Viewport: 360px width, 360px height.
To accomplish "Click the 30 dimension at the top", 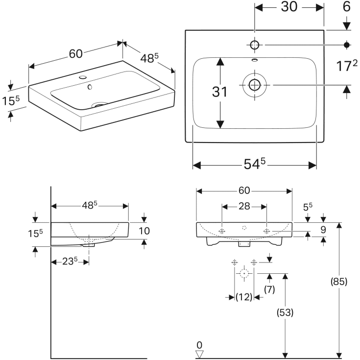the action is [289, 7].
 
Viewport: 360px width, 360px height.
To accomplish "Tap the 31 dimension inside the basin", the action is [220, 92].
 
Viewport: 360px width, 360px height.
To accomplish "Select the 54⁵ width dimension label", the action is [254, 164].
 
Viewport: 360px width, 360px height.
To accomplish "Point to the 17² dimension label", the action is [347, 66].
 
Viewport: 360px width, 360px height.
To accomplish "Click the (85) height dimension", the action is [339, 281].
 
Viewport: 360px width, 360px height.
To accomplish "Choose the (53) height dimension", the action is [285, 312].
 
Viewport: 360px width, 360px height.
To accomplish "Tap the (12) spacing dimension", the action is [244, 297].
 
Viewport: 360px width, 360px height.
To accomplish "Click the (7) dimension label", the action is [269, 289].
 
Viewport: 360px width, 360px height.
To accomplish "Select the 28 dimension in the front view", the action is [244, 206].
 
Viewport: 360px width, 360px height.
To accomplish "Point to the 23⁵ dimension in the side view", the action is [70, 261].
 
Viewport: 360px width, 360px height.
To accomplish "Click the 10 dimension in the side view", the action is [144, 231].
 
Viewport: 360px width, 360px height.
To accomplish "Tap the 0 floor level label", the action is [199, 345].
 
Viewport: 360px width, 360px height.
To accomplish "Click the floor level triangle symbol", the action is [199, 354].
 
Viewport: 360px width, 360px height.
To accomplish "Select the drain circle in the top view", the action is [254, 85].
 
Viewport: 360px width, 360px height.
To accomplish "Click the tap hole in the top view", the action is [254, 45].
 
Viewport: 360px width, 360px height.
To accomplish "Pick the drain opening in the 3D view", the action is [99, 105].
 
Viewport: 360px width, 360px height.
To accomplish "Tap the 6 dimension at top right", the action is [347, 7].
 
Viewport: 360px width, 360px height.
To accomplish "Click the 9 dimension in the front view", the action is [323, 230].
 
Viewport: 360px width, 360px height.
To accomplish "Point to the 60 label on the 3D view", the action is [76, 54].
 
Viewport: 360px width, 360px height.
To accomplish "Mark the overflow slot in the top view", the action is [255, 60].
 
